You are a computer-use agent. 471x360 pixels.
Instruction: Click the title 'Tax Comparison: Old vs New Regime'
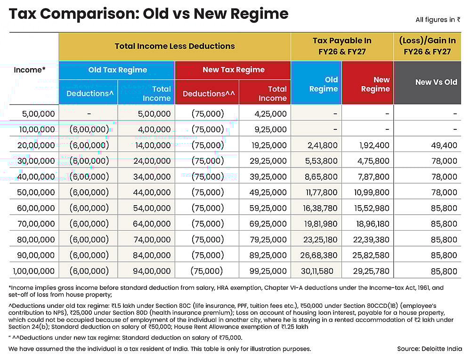pyautogui.click(x=148, y=14)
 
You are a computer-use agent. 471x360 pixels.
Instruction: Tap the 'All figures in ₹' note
pyautogui.click(x=438, y=20)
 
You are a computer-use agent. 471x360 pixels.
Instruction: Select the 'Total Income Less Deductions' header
pyautogui.click(x=174, y=46)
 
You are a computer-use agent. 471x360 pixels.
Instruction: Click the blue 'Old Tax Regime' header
pyautogui.click(x=117, y=70)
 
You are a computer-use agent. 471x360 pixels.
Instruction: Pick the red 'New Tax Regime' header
pyautogui.click(x=233, y=70)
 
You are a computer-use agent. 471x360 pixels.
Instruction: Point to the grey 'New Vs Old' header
pyautogui.click(x=436, y=82)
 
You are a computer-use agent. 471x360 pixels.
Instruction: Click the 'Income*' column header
pyautogui.click(x=30, y=70)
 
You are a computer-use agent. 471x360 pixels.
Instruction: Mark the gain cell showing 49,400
pyautogui.click(x=444, y=145)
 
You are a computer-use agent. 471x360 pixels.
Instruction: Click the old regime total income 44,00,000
pyautogui.click(x=152, y=192)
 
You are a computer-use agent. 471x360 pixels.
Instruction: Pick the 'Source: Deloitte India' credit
pyautogui.click(x=429, y=349)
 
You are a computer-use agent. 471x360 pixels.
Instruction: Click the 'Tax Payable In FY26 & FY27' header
pyautogui.click(x=342, y=46)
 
